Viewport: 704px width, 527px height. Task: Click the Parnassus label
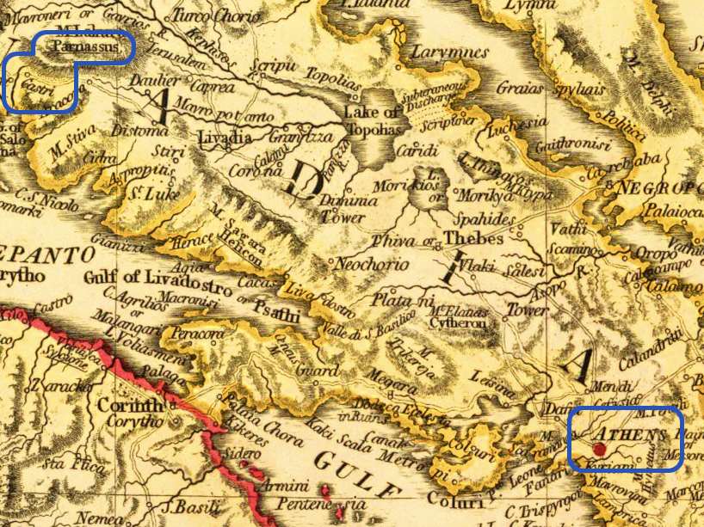[84, 46]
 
